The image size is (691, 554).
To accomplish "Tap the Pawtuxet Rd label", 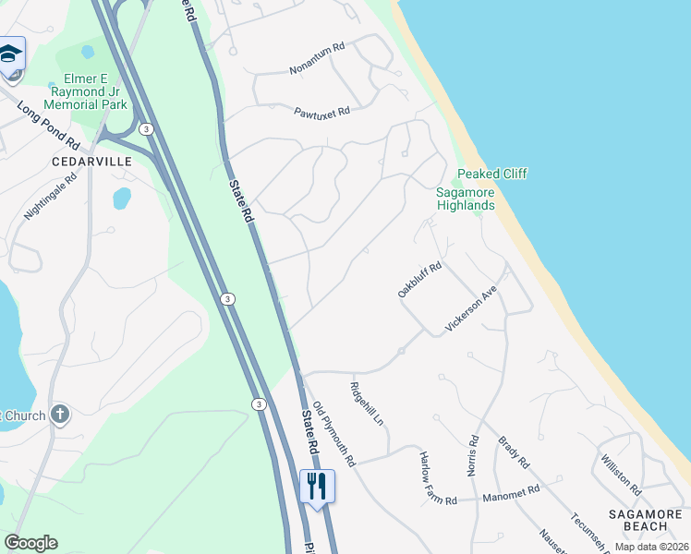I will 322,112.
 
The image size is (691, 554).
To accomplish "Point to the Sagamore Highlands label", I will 466,199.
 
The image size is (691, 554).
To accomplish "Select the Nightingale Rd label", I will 47,199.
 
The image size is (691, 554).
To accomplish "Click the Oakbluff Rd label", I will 420,280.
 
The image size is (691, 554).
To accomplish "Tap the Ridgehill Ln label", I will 367,404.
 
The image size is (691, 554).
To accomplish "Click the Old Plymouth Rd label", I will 333,433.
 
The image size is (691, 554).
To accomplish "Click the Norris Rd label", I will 474,455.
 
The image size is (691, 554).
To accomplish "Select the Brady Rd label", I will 513,452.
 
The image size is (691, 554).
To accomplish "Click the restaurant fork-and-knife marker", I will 317,484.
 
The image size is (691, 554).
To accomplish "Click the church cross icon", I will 60,415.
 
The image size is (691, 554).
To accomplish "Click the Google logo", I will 31,543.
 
